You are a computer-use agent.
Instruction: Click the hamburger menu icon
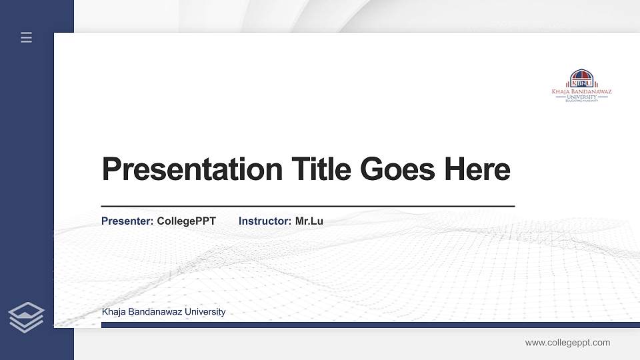27,37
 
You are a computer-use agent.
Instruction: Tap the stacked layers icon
26,316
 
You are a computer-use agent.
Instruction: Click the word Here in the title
477,169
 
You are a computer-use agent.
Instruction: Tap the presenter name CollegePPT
187,221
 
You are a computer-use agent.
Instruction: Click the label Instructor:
265,221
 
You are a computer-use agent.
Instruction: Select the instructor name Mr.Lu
309,221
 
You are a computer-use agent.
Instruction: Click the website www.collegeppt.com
567,343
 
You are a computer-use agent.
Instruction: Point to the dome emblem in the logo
581,75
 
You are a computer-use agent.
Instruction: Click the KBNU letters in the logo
581,83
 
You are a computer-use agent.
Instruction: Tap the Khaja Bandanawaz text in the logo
581,91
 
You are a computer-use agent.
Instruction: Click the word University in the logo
581,97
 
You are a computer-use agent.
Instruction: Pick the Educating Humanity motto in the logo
581,101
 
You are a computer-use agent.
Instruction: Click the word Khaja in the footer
114,312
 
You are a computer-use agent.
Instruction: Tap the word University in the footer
205,312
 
